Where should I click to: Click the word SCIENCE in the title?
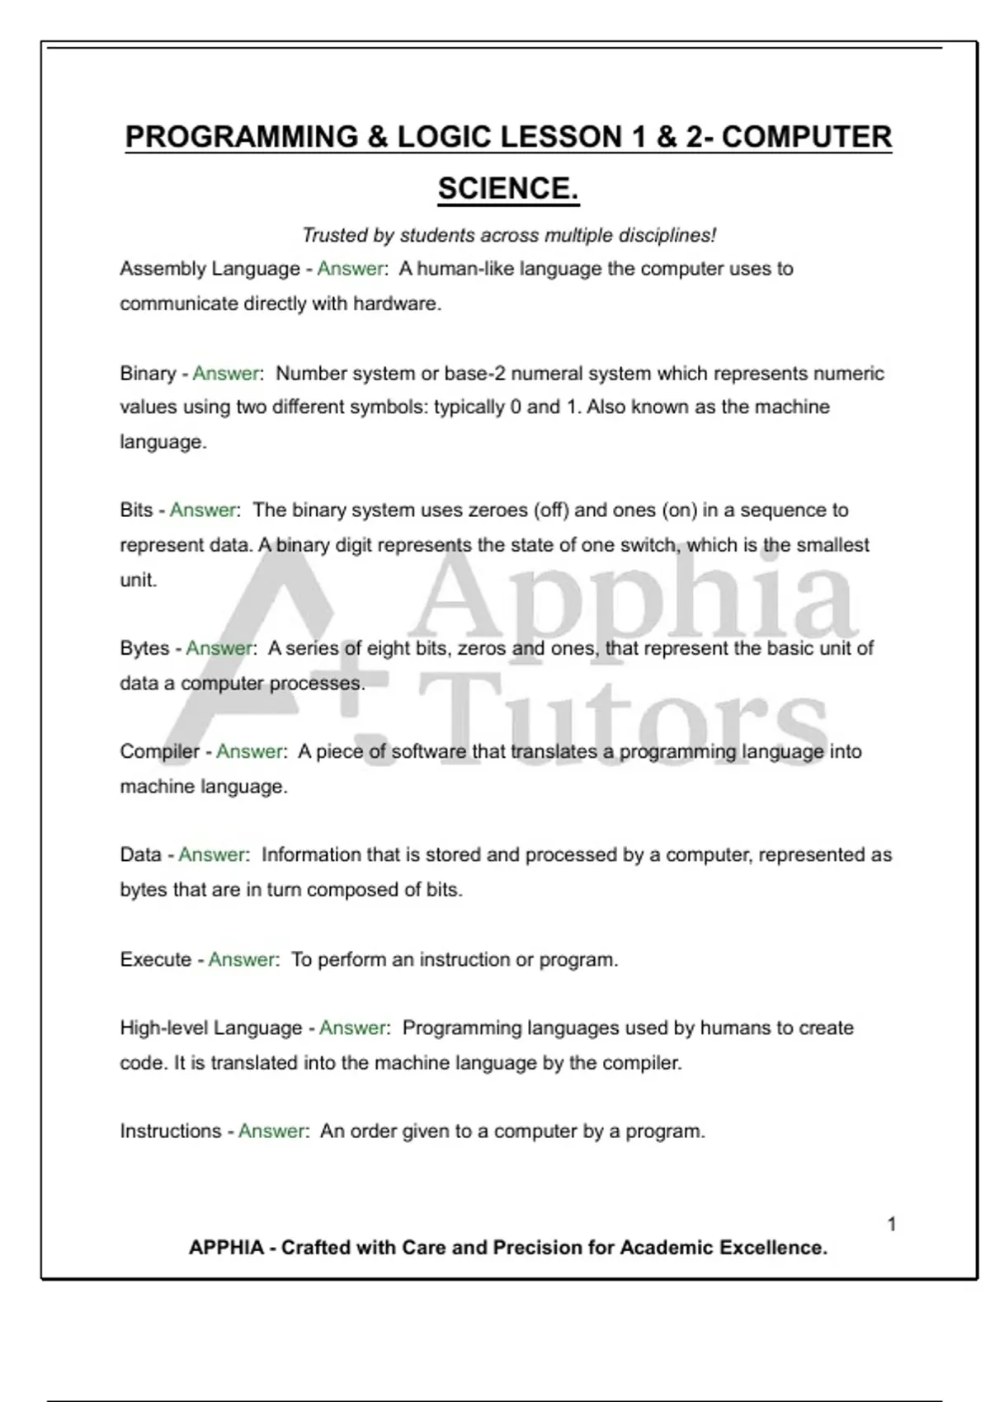click(x=507, y=188)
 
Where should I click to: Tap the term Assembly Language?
click(x=210, y=269)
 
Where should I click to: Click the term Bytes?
click(x=144, y=648)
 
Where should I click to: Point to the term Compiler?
click(x=159, y=751)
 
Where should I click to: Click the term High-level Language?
click(x=211, y=1028)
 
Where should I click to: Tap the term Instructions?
click(x=171, y=1131)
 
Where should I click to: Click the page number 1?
click(x=892, y=1224)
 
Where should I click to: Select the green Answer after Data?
click(x=211, y=854)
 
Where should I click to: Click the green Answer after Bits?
click(x=203, y=510)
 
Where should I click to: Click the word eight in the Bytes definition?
click(x=388, y=648)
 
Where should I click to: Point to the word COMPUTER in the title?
click(x=806, y=137)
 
